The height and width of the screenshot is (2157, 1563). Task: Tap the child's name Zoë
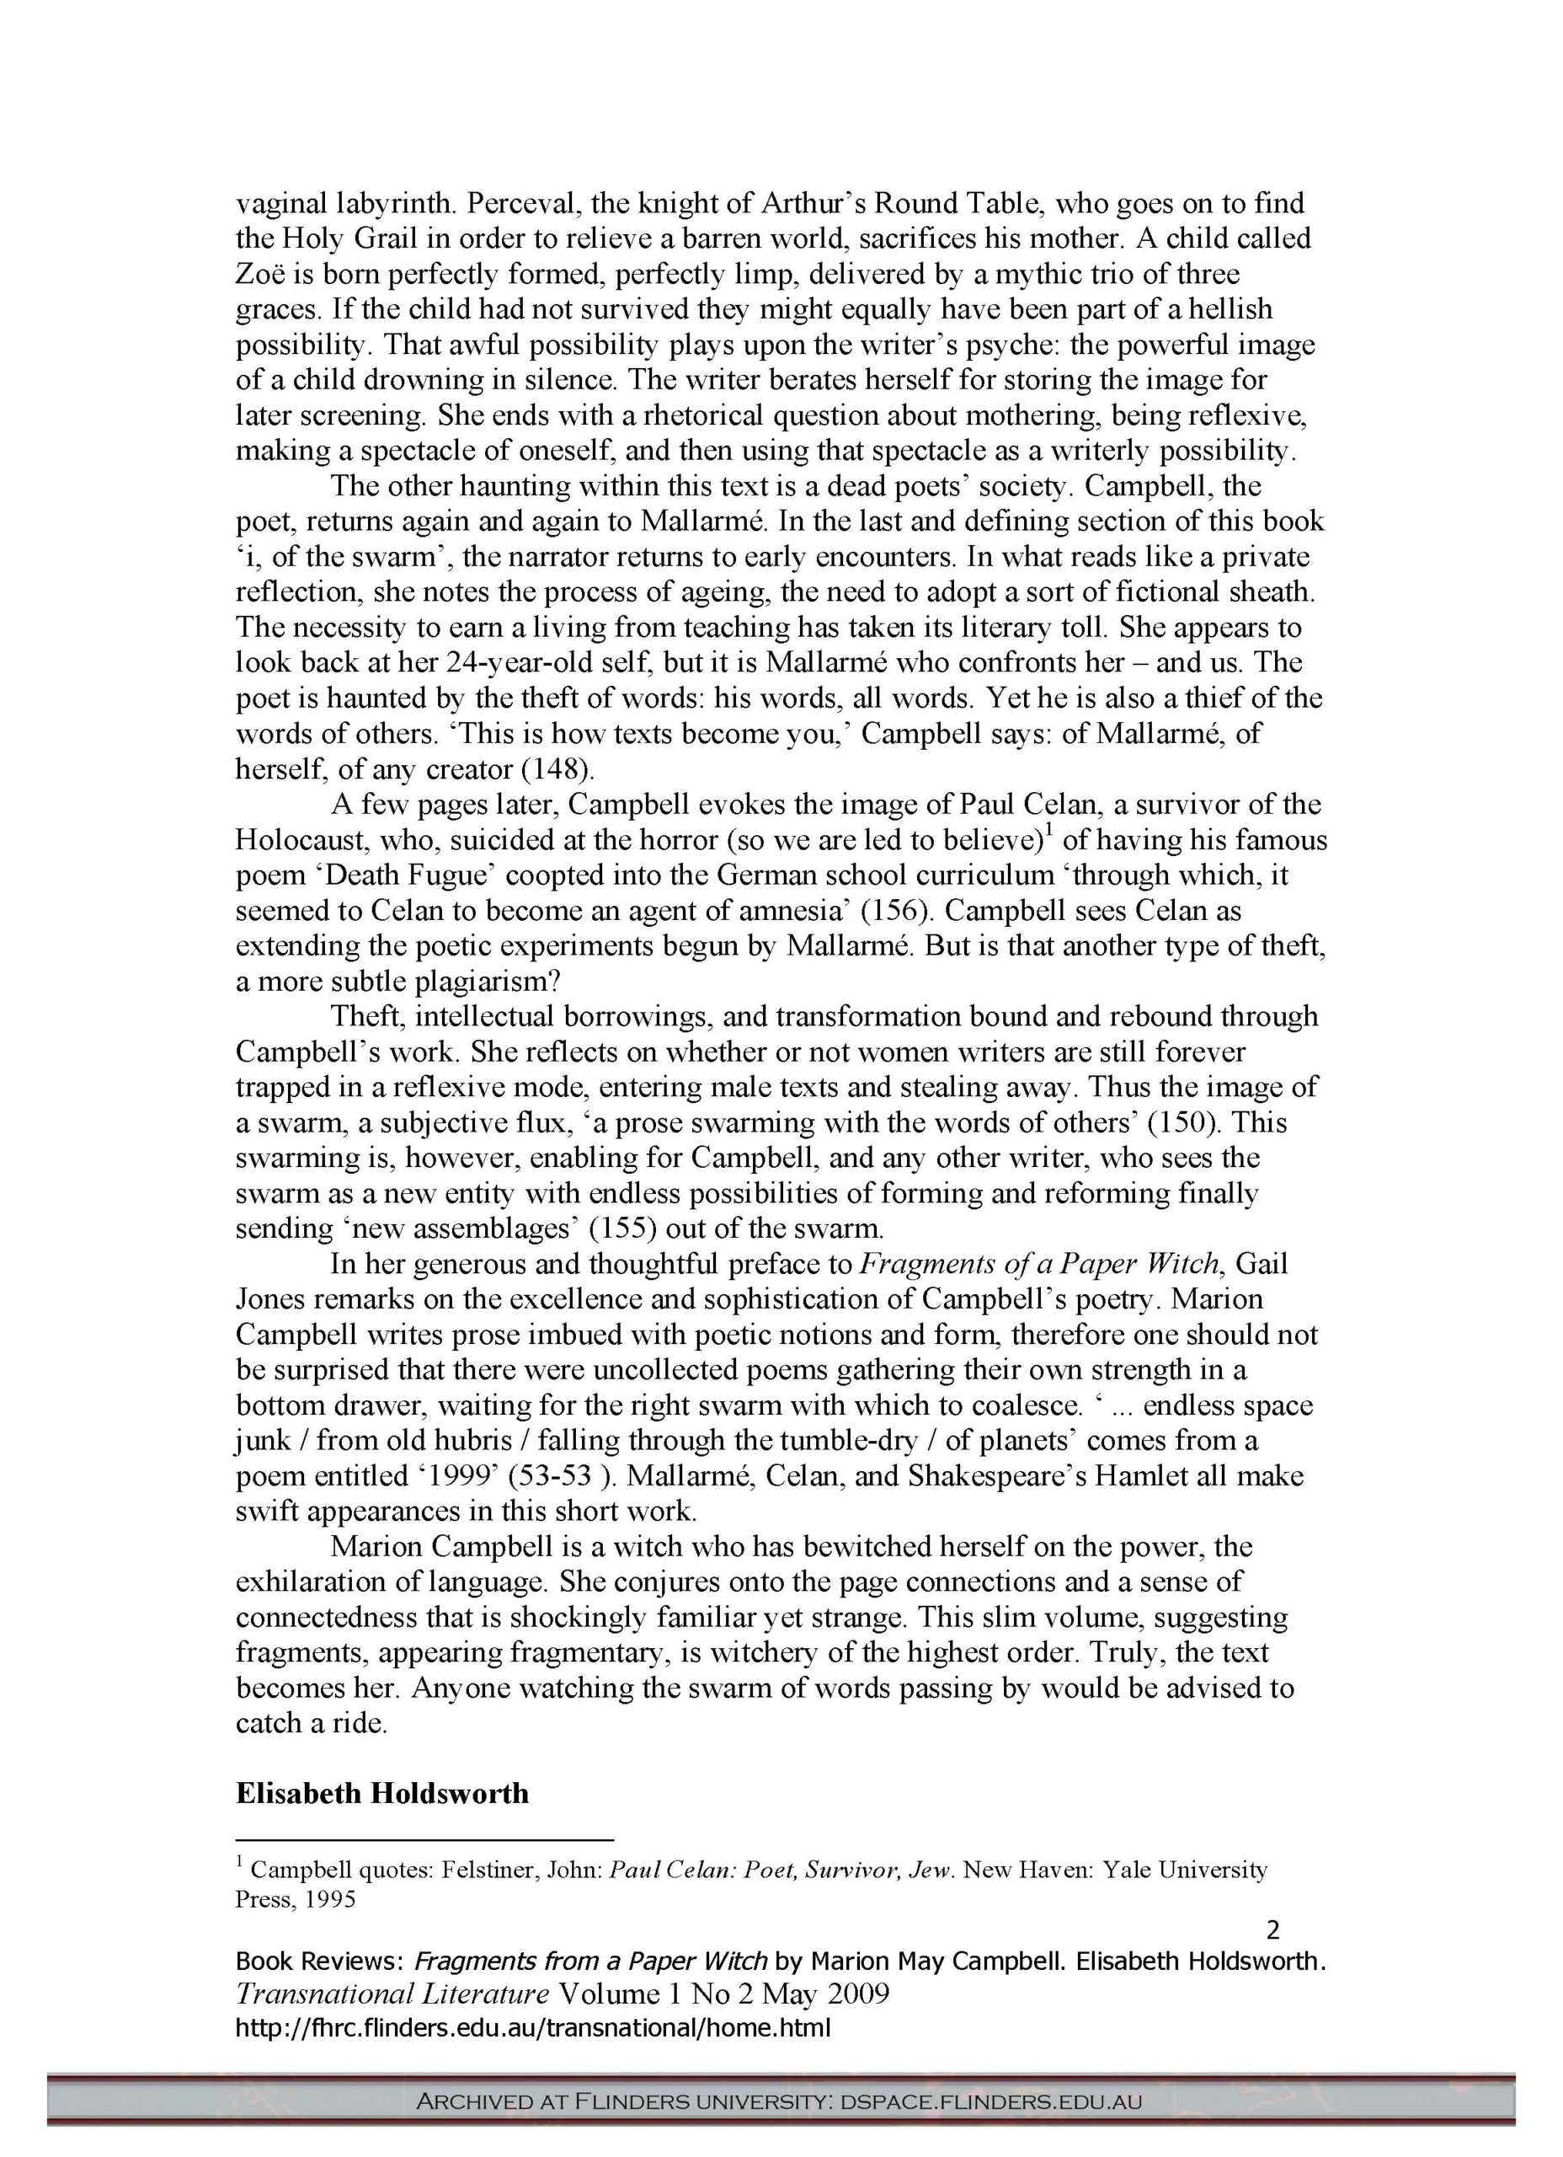260,274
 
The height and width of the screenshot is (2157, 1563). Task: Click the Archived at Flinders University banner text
780,2101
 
